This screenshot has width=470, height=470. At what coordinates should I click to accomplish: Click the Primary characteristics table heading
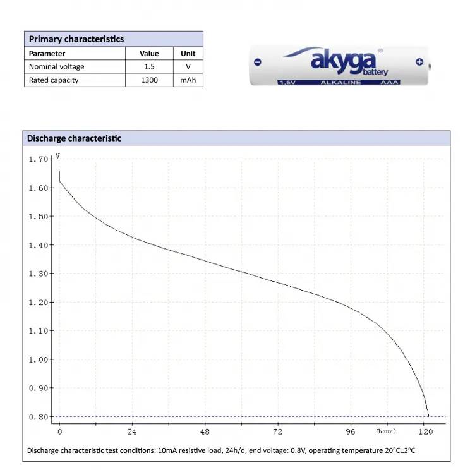click(76, 39)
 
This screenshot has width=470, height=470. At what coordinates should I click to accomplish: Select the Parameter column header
click(47, 54)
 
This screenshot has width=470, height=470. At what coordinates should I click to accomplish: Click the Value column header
click(149, 54)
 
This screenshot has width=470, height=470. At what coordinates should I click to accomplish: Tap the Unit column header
click(188, 54)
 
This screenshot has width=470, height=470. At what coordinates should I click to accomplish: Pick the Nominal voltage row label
click(56, 66)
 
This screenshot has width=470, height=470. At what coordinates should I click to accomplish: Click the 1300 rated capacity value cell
click(149, 80)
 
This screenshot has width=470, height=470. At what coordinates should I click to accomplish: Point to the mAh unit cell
click(188, 80)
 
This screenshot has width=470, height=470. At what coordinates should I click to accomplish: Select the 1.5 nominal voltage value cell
click(149, 66)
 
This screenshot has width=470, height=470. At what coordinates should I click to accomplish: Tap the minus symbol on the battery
click(257, 62)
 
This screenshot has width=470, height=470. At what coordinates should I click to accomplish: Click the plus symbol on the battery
click(419, 61)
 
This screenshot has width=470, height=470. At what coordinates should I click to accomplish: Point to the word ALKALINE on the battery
click(340, 83)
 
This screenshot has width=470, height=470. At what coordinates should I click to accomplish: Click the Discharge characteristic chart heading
click(74, 138)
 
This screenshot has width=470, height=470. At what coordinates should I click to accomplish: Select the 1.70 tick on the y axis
click(38, 159)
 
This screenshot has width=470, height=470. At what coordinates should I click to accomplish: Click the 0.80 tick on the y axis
click(38, 417)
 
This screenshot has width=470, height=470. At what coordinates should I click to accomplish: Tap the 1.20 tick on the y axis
click(38, 302)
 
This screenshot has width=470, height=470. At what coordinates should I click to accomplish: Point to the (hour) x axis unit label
click(385, 431)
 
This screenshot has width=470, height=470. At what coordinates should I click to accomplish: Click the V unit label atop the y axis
click(57, 155)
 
